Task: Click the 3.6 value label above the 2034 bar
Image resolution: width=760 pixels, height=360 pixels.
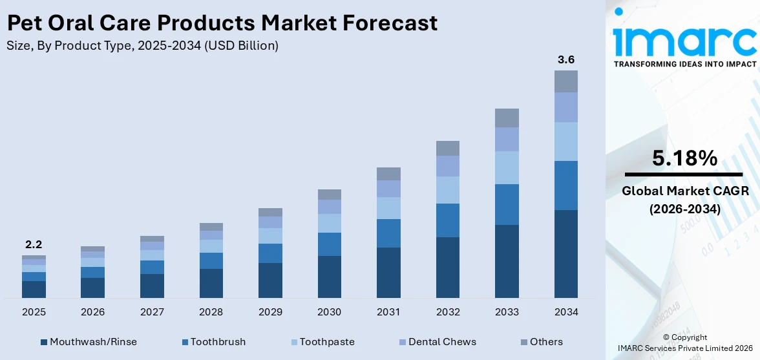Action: (566, 59)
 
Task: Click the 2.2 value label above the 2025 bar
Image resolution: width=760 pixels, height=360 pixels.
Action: (34, 244)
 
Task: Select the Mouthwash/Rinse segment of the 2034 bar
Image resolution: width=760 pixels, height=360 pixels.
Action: (566, 253)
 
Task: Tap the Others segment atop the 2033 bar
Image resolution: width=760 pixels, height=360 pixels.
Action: (507, 118)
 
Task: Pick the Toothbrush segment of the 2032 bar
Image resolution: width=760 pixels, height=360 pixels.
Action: (448, 220)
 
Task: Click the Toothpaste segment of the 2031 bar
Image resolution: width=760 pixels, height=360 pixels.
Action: (388, 207)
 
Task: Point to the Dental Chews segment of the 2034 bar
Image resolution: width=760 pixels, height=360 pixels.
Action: (566, 107)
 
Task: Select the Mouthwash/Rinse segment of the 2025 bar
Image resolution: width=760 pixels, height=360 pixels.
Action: (34, 289)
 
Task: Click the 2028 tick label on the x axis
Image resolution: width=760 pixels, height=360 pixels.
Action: (211, 312)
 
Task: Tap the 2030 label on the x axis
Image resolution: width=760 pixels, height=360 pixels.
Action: (330, 312)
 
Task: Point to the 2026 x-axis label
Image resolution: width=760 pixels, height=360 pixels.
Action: (93, 312)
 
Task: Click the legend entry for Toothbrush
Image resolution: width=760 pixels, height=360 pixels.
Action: (218, 342)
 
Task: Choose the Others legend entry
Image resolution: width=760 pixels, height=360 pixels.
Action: (546, 342)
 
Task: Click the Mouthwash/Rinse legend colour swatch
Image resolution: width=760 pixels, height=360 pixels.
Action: (44, 342)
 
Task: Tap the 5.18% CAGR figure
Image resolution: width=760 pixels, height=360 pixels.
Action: (684, 158)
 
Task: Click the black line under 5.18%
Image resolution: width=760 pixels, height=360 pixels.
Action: (684, 175)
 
